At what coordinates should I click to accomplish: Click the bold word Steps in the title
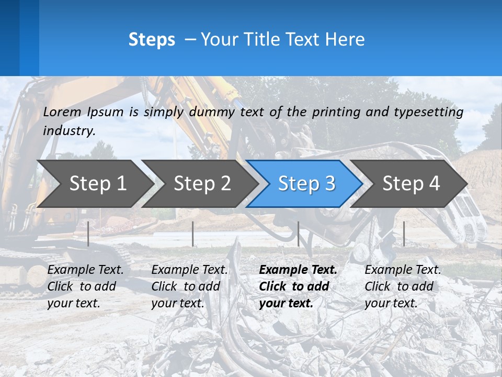click(152, 39)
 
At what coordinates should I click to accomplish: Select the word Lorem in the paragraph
click(62, 112)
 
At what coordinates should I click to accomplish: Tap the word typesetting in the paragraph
click(428, 112)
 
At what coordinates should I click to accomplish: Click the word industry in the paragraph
click(69, 130)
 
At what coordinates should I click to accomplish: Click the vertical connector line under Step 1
click(88, 234)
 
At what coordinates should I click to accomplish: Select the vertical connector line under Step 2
click(193, 234)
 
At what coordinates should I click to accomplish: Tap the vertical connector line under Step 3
click(298, 234)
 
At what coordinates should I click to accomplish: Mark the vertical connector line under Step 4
click(404, 234)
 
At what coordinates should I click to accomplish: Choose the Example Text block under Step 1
click(85, 286)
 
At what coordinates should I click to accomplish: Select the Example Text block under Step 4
click(403, 286)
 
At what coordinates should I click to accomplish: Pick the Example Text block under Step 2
click(189, 286)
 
